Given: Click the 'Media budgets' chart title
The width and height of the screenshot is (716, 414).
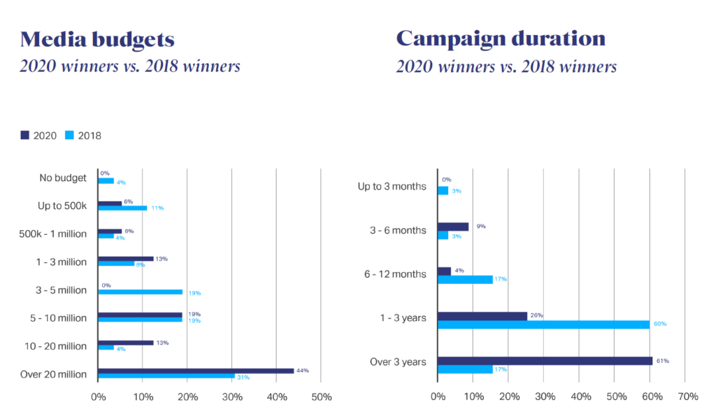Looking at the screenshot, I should coord(96,38).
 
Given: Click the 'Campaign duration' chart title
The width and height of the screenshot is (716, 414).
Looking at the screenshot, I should coord(501,38).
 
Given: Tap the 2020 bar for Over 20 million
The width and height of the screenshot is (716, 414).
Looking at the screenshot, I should coord(196,371).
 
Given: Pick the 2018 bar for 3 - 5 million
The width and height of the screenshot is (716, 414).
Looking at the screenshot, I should coord(140,292).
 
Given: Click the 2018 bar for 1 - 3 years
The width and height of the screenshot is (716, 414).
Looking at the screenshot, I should coord(543,324).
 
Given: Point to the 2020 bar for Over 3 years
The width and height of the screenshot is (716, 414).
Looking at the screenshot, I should coord(545,361).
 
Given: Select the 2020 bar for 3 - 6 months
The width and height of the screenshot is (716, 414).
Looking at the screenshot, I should coord(453,227).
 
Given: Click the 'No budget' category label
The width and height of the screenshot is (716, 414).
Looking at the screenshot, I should coord(64,178).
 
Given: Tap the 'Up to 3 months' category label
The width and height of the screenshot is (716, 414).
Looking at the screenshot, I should coord(392,186).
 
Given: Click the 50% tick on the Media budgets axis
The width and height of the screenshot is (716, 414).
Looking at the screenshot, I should coord(321,397).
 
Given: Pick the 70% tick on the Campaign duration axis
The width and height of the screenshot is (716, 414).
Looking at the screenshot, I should coord(688,397).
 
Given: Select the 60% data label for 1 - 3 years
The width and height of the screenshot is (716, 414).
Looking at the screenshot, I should coord(659,324).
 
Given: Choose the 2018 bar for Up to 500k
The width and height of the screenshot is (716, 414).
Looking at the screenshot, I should coord(122,208).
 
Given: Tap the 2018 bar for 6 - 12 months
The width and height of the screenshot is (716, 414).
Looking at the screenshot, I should coord(465,279).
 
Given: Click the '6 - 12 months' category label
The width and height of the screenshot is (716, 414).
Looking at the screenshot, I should coord(394,274).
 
